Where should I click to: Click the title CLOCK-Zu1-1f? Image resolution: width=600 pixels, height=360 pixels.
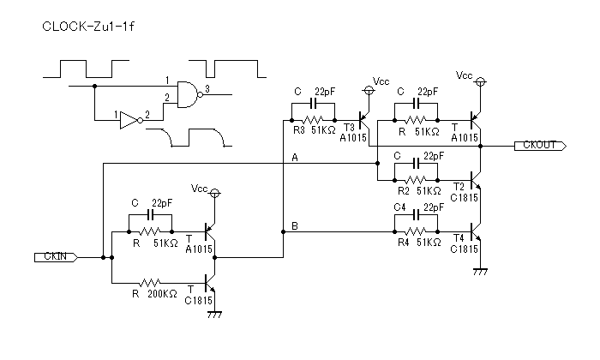pos(88,27)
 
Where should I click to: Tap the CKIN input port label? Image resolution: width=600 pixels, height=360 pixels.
pos(56,257)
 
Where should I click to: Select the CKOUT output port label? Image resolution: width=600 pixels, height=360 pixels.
pos(540,146)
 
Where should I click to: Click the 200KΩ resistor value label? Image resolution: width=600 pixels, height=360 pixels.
pos(162,294)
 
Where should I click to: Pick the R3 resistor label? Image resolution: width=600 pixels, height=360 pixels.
pos(299,130)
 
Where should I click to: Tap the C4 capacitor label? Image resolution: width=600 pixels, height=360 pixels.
pos(399,207)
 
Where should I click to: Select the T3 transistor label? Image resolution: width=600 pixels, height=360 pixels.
pos(349,128)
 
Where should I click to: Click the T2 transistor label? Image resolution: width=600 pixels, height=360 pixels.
pos(459,187)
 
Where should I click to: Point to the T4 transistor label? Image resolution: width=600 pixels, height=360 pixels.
pos(459,238)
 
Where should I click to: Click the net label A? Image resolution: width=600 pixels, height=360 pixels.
pos(295,157)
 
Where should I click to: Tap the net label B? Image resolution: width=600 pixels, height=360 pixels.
pos(295,226)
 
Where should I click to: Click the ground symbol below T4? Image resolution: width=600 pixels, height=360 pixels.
pos(480,272)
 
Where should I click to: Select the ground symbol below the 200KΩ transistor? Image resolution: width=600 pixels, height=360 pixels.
pos(214,315)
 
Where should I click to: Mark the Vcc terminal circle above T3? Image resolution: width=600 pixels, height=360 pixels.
pos(368,90)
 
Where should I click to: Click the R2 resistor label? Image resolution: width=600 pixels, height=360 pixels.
pos(404,190)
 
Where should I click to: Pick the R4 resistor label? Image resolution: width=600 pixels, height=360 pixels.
pos(404,243)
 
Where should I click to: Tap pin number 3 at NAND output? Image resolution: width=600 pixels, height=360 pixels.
pos(207,89)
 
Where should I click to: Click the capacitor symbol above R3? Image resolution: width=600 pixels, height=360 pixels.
pos(314,104)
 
